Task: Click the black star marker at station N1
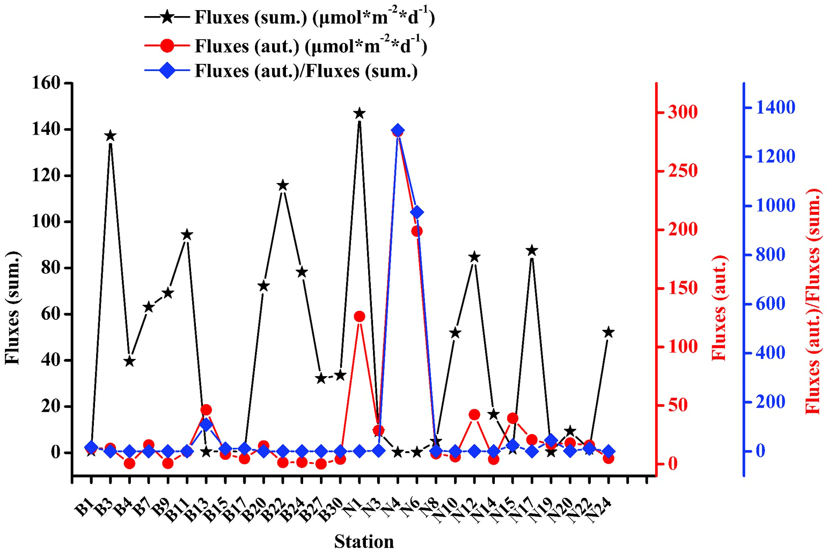coord(360,113)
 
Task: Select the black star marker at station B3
coord(111,136)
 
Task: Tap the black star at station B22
coord(283,186)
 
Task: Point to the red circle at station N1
coord(360,317)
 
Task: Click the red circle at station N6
coord(417,231)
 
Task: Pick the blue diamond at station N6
coord(417,212)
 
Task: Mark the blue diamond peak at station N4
coord(398,130)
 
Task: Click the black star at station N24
coord(608,333)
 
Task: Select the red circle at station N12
coord(474,415)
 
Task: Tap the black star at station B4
coord(129,362)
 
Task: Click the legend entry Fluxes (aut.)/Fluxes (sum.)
coord(306,71)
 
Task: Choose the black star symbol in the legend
coord(167,17)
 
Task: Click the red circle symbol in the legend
coord(167,46)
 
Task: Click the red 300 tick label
coord(683,113)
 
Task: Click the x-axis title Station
coord(364,541)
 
